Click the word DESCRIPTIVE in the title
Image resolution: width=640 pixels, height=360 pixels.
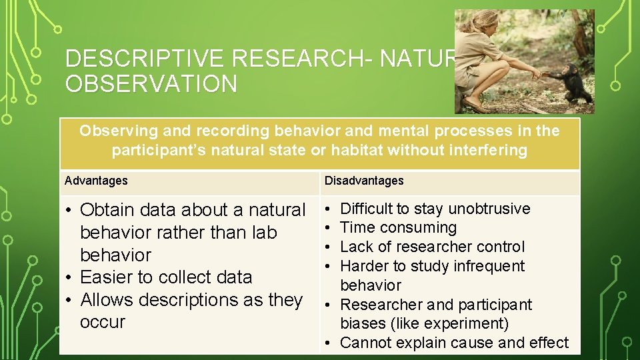pos(146,59)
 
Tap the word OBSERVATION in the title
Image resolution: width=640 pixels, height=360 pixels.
pos(151,85)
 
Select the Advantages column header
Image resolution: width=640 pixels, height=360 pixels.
pos(96,181)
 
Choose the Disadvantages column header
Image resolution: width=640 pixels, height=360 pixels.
pos(364,181)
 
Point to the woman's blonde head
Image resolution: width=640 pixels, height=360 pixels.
pos(491,23)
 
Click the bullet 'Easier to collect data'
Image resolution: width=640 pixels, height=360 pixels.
pos(165,277)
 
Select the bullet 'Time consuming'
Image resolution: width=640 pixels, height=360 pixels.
pos(398,228)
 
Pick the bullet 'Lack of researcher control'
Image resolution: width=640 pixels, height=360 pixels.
pos(432,247)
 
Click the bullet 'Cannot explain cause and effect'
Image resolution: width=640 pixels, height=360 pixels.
pos(453,343)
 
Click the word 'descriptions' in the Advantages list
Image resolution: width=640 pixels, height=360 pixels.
pos(187,300)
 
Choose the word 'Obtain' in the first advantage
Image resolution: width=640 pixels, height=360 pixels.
pos(107,210)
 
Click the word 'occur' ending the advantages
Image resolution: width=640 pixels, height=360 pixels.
pos(102,322)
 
